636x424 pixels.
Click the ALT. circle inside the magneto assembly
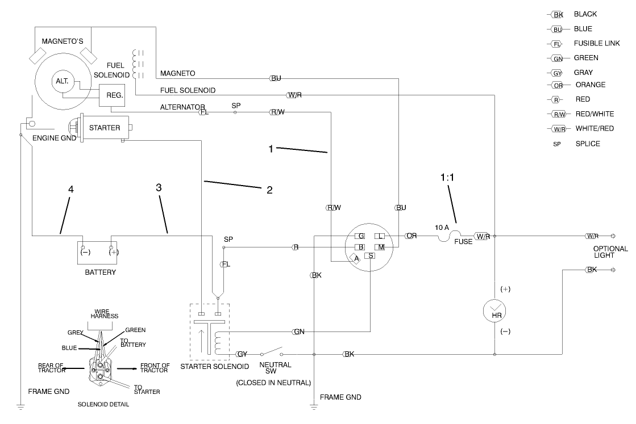coord(62,82)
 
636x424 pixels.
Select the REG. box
coord(115,95)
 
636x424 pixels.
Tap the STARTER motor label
coord(105,128)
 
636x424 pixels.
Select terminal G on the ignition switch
coord(360,236)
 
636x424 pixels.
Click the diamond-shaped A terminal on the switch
coord(356,259)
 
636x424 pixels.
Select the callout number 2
coord(270,190)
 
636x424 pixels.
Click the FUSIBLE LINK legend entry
coord(596,43)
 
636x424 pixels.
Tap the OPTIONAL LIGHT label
coord(610,252)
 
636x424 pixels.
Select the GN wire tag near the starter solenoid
coord(299,331)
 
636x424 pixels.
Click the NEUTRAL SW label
coord(275,368)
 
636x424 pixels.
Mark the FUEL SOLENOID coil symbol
coord(136,64)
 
